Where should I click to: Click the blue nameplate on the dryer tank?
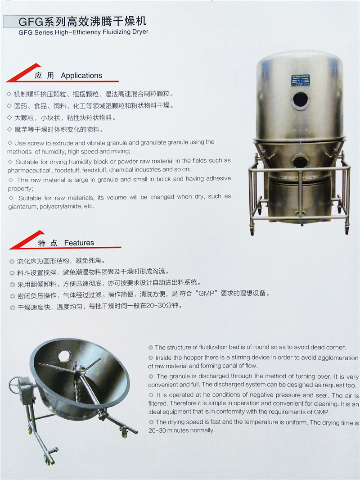[300, 80]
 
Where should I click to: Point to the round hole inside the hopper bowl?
[64, 355]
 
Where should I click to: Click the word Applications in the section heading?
[81, 76]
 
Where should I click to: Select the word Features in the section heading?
[79, 243]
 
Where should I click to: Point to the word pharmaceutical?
[29, 170]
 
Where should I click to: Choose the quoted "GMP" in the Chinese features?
[206, 293]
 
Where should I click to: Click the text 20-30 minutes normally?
[182, 430]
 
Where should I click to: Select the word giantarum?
[22, 207]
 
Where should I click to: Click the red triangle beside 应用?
[23, 72]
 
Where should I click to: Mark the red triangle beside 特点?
[27, 240]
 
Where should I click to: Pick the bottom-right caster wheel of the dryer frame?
[346, 229]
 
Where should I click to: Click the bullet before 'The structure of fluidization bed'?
[150, 348]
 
